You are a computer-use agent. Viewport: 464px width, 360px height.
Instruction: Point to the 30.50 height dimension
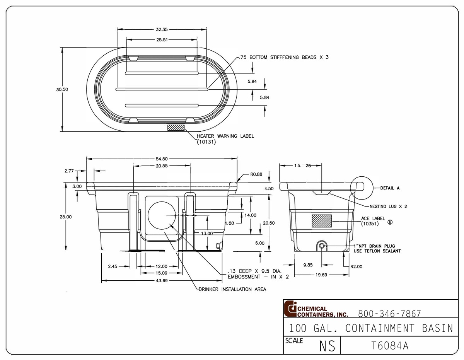(x=62, y=89)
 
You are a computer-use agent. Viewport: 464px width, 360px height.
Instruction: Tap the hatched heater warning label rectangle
(x=176, y=127)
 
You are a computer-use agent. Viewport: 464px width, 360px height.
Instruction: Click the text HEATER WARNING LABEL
(x=225, y=136)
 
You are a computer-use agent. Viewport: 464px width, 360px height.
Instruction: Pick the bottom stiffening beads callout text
(x=284, y=57)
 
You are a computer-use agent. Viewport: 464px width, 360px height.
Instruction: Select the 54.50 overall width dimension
(x=162, y=159)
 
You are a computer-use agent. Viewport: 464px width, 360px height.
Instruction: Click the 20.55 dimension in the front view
(x=162, y=165)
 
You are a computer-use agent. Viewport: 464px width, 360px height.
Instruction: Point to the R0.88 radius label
(x=256, y=174)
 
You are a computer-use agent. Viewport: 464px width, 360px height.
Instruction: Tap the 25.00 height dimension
(x=66, y=217)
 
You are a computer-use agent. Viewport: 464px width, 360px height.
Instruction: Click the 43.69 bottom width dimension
(x=162, y=281)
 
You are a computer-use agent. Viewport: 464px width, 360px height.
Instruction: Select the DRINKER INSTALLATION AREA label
(x=232, y=289)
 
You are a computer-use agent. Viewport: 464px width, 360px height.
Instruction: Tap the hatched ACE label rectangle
(x=322, y=221)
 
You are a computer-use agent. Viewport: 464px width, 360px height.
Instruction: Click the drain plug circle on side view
(x=322, y=245)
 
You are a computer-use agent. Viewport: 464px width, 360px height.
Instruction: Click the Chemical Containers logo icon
(x=290, y=309)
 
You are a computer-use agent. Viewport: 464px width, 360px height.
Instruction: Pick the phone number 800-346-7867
(x=389, y=313)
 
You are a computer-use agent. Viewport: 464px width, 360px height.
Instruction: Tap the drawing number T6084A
(x=389, y=345)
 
